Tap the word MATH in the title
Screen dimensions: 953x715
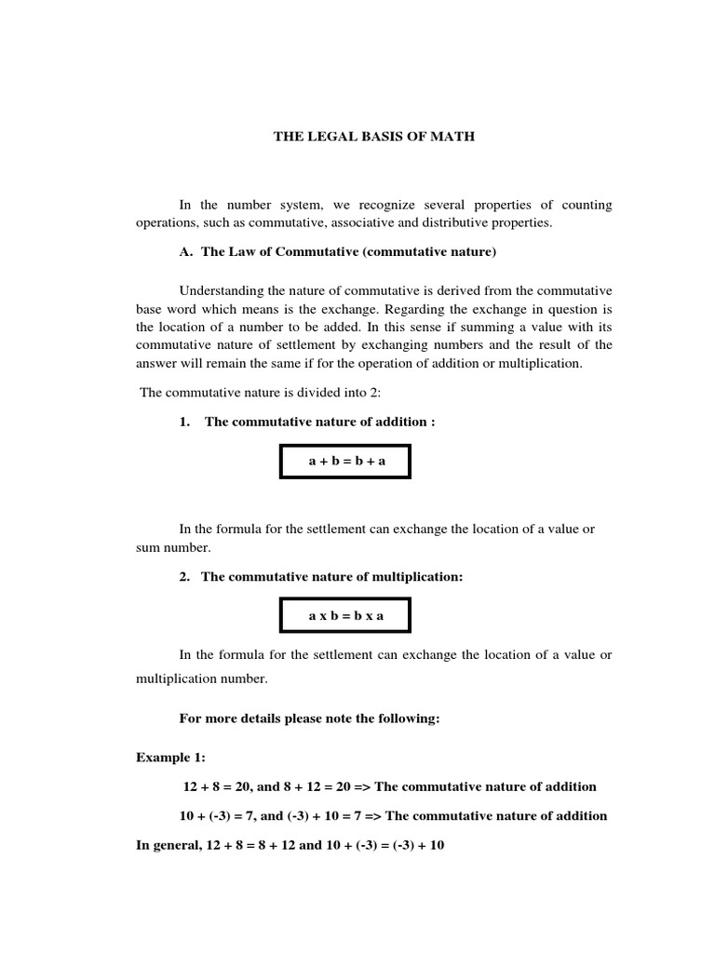(x=451, y=137)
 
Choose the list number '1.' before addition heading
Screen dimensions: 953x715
(x=185, y=422)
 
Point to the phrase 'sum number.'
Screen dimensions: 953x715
(x=173, y=547)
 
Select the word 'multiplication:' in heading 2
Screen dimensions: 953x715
(x=416, y=577)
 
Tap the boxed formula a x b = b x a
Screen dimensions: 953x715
(x=345, y=615)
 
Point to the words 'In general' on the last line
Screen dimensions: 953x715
(x=165, y=848)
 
